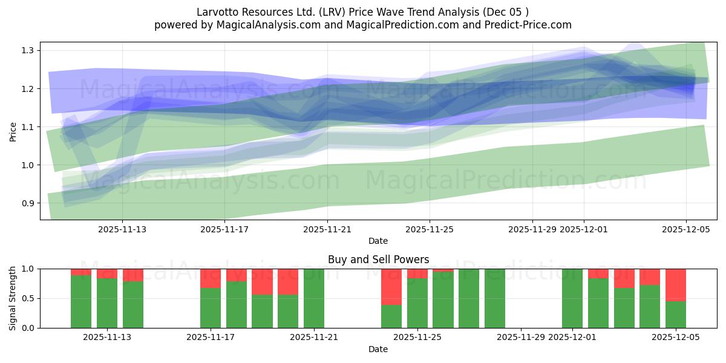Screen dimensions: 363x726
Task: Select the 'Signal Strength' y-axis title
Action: (13, 298)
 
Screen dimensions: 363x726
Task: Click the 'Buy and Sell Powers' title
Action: (378, 260)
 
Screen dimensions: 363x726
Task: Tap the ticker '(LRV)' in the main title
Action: (332, 12)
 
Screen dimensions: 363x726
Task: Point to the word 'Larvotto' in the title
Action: (217, 12)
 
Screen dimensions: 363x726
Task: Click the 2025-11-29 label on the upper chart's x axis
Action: (532, 230)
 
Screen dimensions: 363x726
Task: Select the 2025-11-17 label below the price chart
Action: (224, 230)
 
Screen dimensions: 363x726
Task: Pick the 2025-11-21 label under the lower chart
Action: (313, 337)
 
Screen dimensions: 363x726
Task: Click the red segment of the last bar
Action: (675, 284)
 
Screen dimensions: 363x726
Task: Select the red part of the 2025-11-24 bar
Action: (391, 286)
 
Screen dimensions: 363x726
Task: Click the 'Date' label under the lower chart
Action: (378, 349)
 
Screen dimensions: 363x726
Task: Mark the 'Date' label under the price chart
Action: (378, 241)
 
